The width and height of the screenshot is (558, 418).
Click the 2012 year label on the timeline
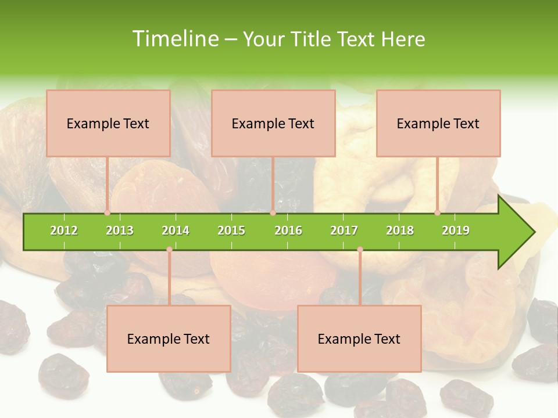[x=64, y=230]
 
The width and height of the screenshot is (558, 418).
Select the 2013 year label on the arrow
[x=120, y=230]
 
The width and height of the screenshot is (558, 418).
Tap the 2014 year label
[x=176, y=230]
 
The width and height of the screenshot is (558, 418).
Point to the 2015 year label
[x=231, y=230]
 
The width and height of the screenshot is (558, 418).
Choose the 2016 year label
[x=288, y=230]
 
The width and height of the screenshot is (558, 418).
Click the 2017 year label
[x=344, y=230]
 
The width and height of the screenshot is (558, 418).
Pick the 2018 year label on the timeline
[x=400, y=230]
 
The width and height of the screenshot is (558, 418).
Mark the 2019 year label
[x=456, y=230]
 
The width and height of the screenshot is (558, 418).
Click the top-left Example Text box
[x=108, y=123]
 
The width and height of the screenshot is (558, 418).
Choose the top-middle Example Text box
[x=273, y=123]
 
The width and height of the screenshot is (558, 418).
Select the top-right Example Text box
[x=438, y=123]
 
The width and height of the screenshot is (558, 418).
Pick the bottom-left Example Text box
[x=169, y=338]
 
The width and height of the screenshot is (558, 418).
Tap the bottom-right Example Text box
[x=359, y=338]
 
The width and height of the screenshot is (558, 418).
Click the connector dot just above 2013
[x=107, y=213]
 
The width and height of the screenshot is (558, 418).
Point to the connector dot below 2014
[x=169, y=249]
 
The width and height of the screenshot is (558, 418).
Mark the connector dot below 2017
[x=360, y=249]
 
